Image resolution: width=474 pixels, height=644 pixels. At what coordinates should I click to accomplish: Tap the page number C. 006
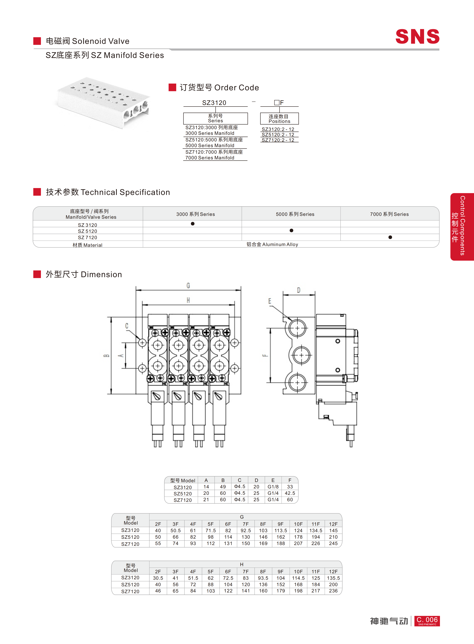427,621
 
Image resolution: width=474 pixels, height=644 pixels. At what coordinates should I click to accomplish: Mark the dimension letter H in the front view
188,300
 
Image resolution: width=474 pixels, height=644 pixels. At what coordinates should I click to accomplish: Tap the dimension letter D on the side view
299,290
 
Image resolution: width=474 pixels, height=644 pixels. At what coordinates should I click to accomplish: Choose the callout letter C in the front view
126,326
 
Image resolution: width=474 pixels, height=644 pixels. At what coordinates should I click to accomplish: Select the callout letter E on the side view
270,301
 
